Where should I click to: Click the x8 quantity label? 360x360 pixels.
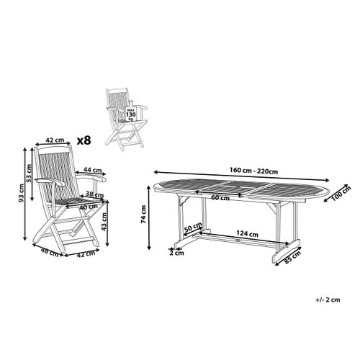coord(84,140)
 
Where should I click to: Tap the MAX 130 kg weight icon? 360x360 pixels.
coord(131,111)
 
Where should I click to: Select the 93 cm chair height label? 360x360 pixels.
coord(22,192)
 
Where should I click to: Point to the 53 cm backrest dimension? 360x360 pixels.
coord(30,173)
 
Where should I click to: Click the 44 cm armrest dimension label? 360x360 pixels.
coord(93,170)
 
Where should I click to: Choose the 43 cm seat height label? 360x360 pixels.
coord(104,222)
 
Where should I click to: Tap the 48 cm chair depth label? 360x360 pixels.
coord(50,252)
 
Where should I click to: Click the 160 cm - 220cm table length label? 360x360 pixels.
coord(253,171)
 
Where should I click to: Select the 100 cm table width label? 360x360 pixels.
coord(341,193)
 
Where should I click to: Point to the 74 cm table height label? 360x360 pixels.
coord(143,215)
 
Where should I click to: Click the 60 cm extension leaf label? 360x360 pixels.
coord(220,198)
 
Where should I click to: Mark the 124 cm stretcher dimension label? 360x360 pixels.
coord(248,233)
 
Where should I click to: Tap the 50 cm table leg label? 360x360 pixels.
coord(193,227)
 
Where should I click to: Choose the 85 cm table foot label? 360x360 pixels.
coord(292,257)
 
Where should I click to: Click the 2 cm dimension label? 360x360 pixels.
coord(176,253)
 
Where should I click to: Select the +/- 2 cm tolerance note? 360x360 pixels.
coord(328,300)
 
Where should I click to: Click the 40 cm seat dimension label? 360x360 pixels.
coord(89,207)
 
